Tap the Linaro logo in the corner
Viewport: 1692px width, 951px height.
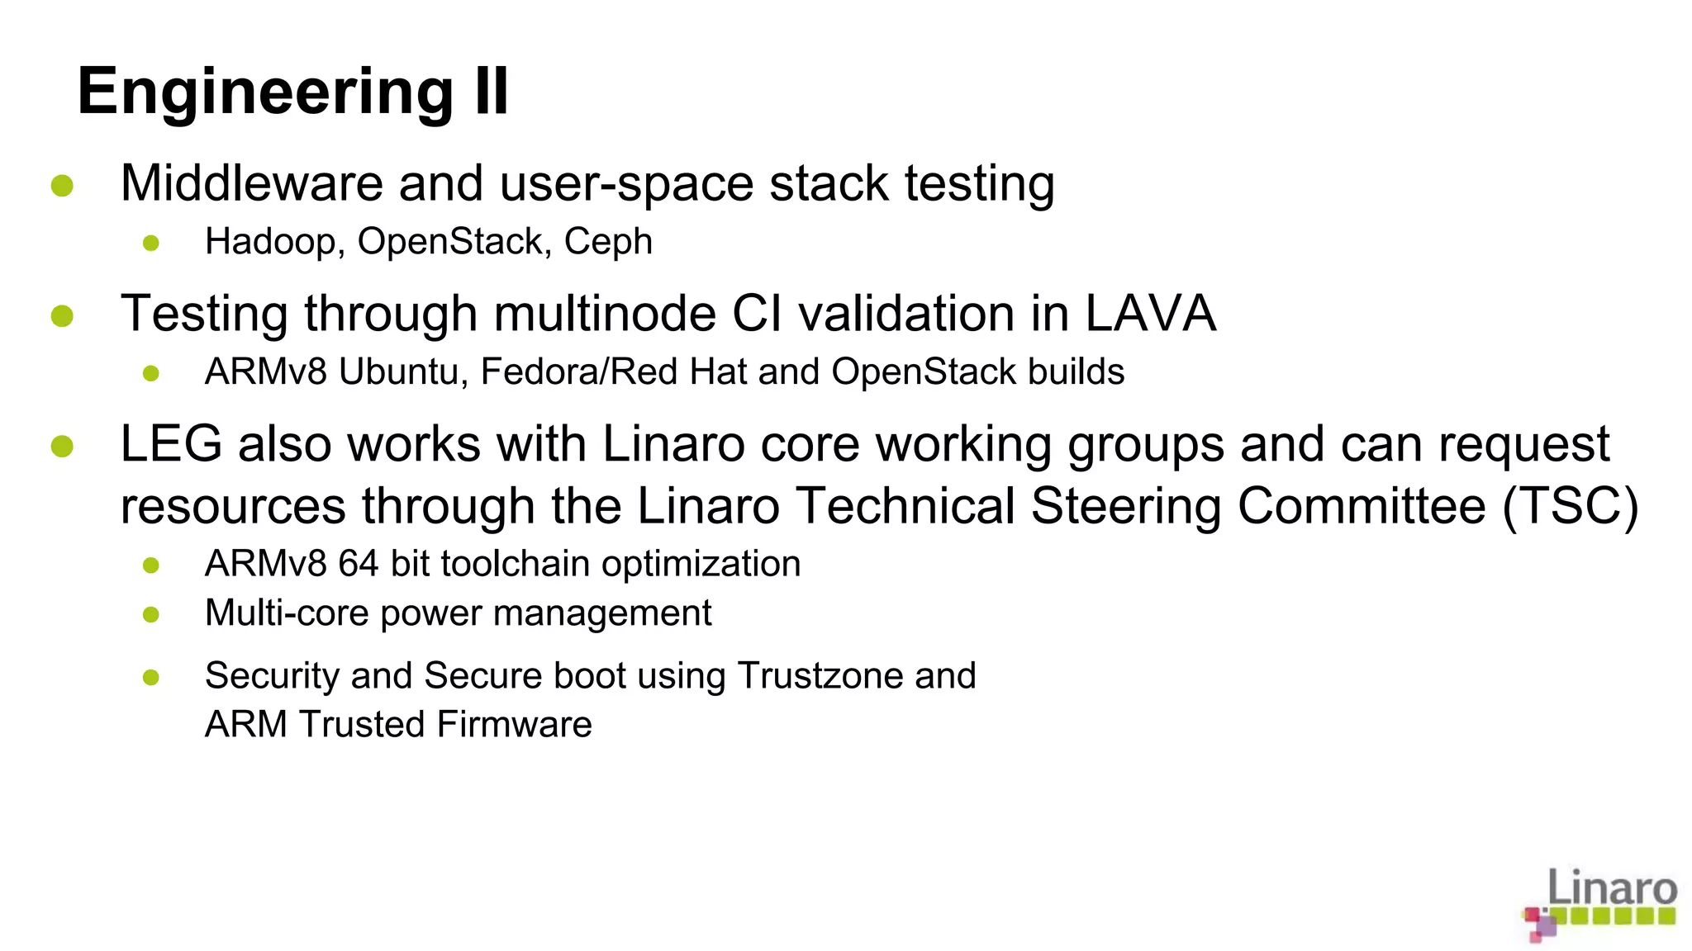tap(1600, 903)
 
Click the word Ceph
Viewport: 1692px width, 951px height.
tap(608, 242)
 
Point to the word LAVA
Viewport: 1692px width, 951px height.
tap(1150, 314)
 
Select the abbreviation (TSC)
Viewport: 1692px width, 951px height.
tap(1570, 505)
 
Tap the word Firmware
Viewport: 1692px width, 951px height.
tap(514, 725)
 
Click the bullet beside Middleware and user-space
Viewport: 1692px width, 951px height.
tap(63, 186)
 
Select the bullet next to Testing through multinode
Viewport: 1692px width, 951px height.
tap(63, 316)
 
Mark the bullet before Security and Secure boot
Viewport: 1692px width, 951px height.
tap(151, 678)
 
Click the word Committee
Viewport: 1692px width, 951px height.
tap(1362, 505)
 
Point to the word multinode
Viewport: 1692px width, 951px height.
tap(604, 314)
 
